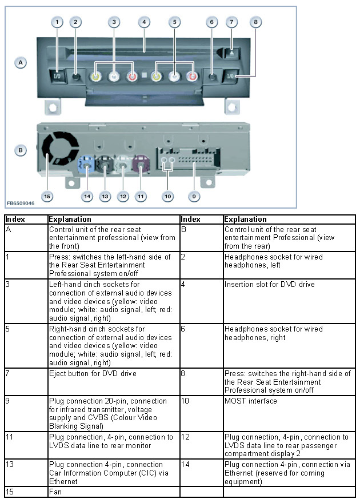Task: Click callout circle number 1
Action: [57, 22]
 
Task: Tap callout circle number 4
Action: [145, 22]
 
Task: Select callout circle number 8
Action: [256, 22]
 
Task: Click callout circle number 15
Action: [47, 196]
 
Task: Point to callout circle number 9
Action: [194, 196]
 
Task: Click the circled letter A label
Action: [21, 62]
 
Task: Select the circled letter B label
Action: [21, 151]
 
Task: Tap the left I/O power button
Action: [58, 75]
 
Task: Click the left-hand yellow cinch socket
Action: [97, 76]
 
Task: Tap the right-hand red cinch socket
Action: [193, 76]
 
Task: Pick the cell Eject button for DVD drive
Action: [93, 373]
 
